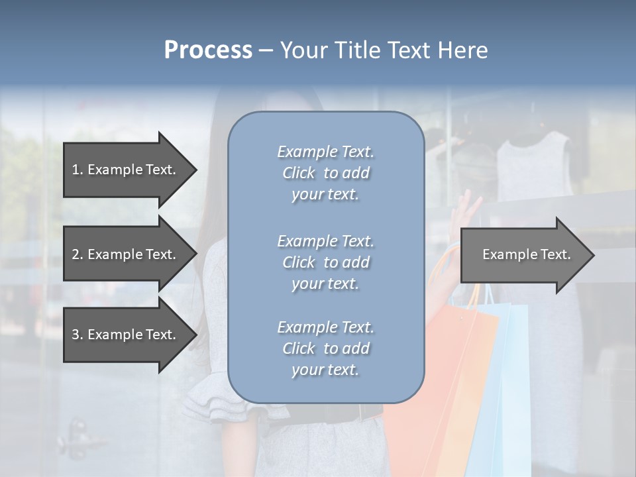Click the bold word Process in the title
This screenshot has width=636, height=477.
[208, 50]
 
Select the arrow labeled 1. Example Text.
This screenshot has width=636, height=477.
[126, 170]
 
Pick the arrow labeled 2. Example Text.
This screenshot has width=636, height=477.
[126, 254]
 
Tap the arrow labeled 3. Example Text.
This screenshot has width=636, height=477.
[126, 335]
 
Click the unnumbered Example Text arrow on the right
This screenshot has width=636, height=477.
[523, 254]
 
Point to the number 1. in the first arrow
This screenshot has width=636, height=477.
[78, 170]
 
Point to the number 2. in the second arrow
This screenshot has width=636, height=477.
[78, 254]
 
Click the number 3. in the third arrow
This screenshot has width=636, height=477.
[78, 335]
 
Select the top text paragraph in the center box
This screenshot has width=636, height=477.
[325, 173]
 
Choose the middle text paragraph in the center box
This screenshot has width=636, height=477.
[325, 262]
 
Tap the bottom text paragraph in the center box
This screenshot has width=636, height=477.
[325, 348]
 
